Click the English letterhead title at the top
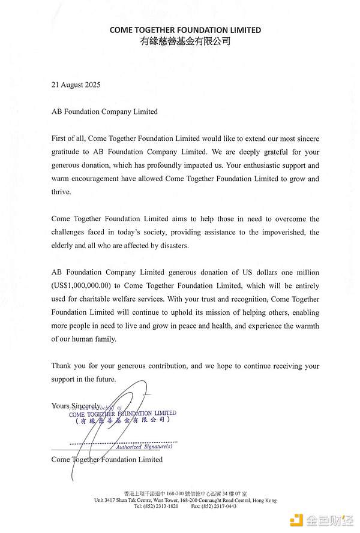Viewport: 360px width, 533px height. coord(185,30)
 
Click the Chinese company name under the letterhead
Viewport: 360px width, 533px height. coord(185,41)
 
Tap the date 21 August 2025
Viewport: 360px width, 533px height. coord(76,85)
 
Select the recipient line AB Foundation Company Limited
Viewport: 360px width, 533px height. coord(104,112)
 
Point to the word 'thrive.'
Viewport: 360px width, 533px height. coord(61,192)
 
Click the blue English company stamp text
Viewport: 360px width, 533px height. coord(122,413)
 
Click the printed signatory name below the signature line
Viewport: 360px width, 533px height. coord(107,459)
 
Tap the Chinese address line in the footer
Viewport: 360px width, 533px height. coord(185,493)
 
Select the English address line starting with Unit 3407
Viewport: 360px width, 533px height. coord(185,500)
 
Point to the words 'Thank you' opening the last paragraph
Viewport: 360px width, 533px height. coord(67,366)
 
